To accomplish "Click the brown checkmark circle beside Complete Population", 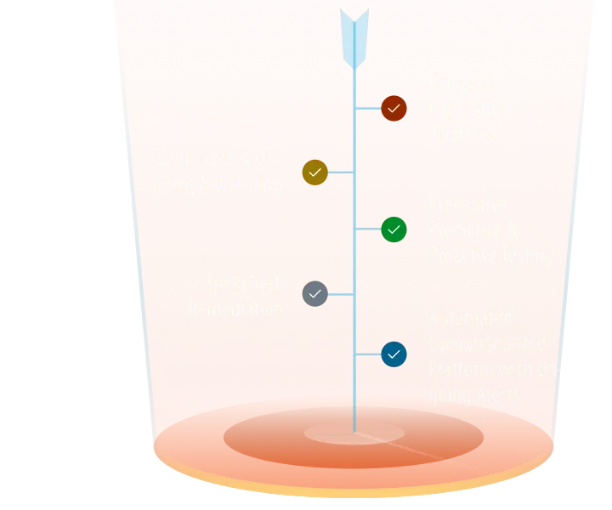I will click(x=394, y=109).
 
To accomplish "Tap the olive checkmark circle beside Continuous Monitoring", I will click(x=314, y=173).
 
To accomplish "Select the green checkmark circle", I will click(x=394, y=229).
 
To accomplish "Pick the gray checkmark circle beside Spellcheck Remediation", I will click(x=314, y=294).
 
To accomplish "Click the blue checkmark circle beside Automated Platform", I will click(x=394, y=354).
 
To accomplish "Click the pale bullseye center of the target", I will click(x=354, y=433).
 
